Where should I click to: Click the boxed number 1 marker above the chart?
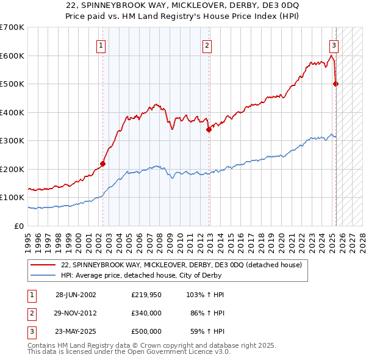click(x=100, y=45)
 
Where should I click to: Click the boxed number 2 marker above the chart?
click(x=207, y=45)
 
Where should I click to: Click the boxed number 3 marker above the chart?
click(x=334, y=45)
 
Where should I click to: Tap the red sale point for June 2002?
click(x=103, y=164)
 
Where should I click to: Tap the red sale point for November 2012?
click(x=209, y=129)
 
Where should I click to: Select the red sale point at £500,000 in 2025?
click(x=336, y=84)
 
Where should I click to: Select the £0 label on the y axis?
click(x=20, y=226)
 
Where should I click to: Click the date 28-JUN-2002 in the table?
click(x=76, y=295)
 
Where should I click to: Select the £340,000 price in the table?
click(x=146, y=313)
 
